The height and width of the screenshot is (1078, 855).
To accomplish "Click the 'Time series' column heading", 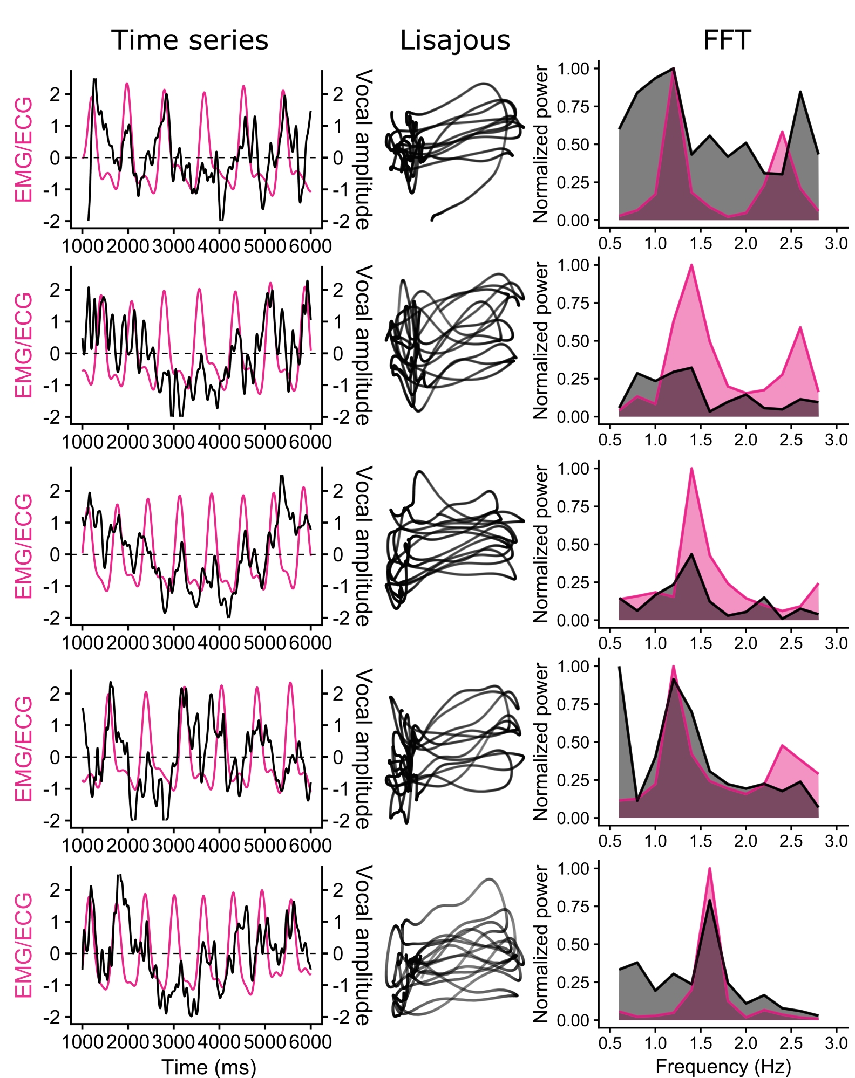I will click(x=189, y=40).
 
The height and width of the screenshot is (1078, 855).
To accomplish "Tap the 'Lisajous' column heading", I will click(x=454, y=40).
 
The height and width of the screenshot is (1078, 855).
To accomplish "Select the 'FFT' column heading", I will click(x=727, y=40).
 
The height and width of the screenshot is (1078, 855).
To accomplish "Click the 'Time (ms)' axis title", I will click(x=209, y=1067).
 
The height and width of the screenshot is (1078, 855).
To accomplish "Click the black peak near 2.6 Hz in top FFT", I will click(x=800, y=92).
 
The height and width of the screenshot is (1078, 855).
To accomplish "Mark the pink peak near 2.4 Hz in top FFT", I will click(x=782, y=131).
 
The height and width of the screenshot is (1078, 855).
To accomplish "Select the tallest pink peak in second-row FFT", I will click(x=691, y=265).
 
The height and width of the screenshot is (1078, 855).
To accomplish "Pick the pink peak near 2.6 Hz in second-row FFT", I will click(x=800, y=327).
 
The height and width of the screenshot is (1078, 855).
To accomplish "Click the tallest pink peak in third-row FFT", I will click(x=691, y=468).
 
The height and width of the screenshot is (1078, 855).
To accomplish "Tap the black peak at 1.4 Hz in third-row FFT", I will click(x=691, y=554).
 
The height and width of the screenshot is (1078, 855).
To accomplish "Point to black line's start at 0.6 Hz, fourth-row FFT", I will click(x=619, y=667).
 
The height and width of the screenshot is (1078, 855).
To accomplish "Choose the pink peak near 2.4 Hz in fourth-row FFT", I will click(x=782, y=745).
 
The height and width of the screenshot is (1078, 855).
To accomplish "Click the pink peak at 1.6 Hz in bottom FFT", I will click(x=709, y=868).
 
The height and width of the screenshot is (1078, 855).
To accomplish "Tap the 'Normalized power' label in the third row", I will click(x=541, y=544).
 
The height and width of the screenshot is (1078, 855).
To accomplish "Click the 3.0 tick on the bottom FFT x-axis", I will click(x=836, y=1043).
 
